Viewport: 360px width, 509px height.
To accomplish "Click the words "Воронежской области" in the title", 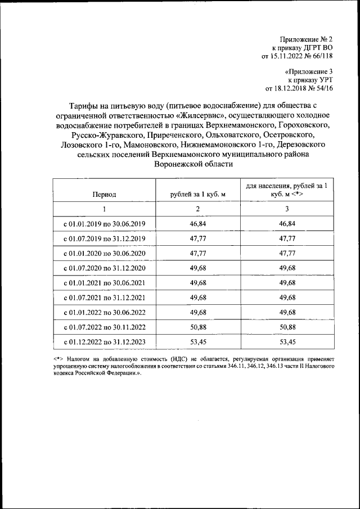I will [x=192, y=164].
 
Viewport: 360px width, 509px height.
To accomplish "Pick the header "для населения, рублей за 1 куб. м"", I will [x=287, y=190].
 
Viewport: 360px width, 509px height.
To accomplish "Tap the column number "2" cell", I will [x=197, y=209].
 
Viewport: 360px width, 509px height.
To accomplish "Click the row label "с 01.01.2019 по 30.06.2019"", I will [x=105, y=224].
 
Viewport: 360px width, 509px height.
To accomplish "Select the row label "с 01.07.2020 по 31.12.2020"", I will [x=105, y=268].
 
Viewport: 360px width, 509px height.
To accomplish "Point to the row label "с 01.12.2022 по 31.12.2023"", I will [x=105, y=341].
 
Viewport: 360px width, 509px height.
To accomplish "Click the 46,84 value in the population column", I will [x=287, y=224].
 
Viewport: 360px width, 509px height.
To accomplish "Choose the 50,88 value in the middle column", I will [x=197, y=326].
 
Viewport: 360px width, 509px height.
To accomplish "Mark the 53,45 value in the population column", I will [x=287, y=341].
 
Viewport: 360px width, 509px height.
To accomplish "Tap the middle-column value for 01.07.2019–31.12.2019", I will [x=197, y=238].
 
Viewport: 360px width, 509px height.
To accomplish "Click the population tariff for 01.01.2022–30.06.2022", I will [x=287, y=312].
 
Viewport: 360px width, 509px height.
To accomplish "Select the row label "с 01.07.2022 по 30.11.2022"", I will [x=105, y=326].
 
